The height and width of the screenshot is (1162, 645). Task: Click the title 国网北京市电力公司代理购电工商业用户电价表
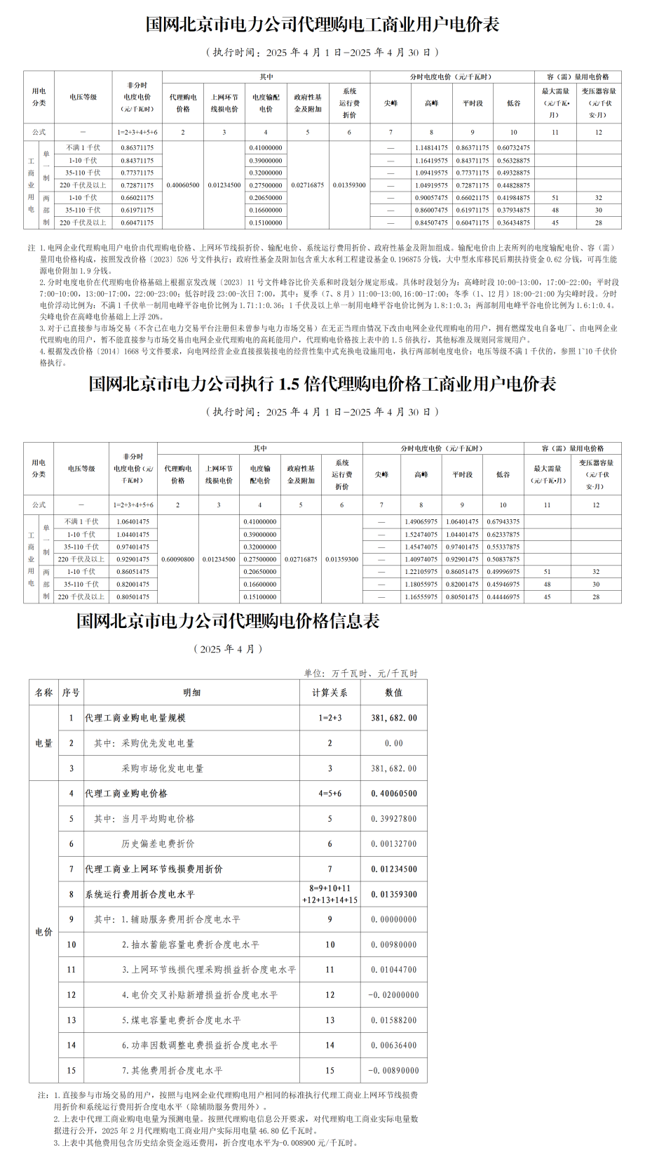point(322,25)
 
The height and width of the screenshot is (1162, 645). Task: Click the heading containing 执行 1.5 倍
point(322,384)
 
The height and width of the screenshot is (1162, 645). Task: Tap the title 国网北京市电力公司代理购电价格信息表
point(228,621)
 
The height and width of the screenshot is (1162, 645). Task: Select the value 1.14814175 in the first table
point(431,148)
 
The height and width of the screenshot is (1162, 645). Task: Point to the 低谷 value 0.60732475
point(513,148)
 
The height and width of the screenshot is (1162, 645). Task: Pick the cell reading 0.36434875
point(513,223)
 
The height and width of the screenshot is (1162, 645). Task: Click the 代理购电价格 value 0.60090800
point(177,559)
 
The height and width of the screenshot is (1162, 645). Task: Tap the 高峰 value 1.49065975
point(421,522)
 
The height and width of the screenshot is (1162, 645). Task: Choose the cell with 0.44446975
point(503,597)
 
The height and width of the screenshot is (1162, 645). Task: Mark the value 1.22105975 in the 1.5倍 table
point(421,572)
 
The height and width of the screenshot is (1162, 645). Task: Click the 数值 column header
point(394,693)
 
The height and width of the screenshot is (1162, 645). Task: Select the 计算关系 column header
point(330,693)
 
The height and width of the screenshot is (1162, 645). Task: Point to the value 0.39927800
point(394,819)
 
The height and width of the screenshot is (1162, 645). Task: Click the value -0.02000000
point(395,995)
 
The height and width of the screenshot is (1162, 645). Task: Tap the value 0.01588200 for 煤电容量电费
point(394,1020)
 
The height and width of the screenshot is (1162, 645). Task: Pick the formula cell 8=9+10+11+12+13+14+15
point(330,895)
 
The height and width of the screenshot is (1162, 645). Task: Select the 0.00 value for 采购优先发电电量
point(394,743)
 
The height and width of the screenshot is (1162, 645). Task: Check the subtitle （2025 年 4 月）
point(228,649)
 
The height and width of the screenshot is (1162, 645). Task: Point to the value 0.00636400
point(394,1046)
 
